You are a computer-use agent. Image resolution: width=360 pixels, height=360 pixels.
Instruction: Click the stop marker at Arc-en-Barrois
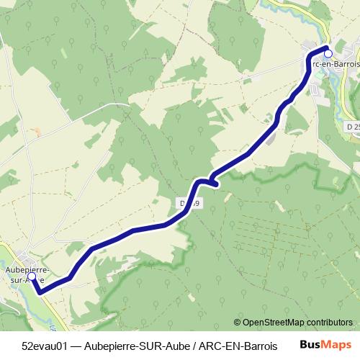pyautogui.click(x=328, y=52)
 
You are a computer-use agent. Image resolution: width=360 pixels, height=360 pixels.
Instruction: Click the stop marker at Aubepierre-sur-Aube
pyautogui.click(x=32, y=276)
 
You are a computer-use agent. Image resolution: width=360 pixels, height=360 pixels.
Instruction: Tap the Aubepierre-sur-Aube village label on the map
pyautogui.click(x=27, y=275)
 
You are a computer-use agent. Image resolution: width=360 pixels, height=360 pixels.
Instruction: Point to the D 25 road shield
pyautogui.click(x=352, y=127)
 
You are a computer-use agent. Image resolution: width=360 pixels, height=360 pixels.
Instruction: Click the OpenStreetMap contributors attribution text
pyautogui.click(x=293, y=322)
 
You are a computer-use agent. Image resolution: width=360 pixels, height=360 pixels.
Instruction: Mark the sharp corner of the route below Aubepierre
pyautogui.click(x=40, y=292)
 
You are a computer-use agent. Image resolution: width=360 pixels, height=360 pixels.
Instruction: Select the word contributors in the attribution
pyautogui.click(x=329, y=322)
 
